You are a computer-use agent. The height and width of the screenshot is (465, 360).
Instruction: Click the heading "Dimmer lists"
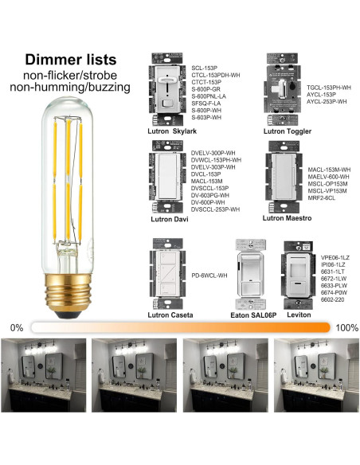(71, 59)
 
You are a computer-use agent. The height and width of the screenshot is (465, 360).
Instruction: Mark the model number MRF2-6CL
(323, 199)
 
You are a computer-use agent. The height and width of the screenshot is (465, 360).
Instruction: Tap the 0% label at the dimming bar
(16, 327)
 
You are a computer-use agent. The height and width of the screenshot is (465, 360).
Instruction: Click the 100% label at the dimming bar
(346, 327)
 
